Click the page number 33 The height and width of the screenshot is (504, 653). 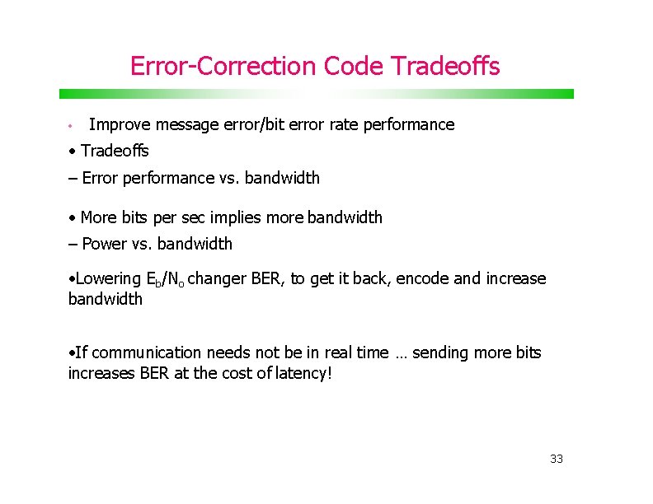[557, 459]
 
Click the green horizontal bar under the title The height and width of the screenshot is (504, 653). [316, 94]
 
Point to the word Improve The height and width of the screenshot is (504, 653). [112, 125]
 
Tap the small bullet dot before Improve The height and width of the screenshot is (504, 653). [72, 126]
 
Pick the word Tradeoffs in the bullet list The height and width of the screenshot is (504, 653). [115, 152]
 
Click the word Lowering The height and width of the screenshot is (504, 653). [108, 279]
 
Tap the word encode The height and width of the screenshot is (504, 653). [423, 279]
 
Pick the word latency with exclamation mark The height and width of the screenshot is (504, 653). [303, 373]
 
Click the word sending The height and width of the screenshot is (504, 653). [441, 352]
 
